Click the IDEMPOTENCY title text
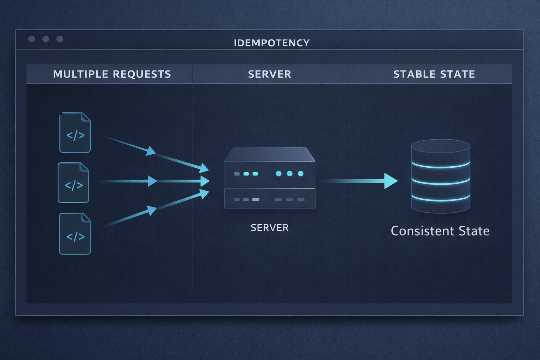pos(271,43)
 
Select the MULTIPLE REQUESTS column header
pos(112,74)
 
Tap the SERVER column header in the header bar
pos(270,74)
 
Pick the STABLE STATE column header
pos(434,74)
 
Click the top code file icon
pos(75,133)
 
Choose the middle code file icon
pos(73,183)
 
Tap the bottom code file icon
pos(75,234)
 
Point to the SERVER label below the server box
pos(270,228)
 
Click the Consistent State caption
pos(440,231)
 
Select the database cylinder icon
pos(441,176)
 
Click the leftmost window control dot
pos(32,39)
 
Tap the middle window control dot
pos(46,39)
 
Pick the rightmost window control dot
pos(60,39)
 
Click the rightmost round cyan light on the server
pos(301,174)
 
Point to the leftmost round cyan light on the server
pos(278,174)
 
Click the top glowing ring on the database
pos(441,166)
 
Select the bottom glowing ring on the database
pos(441,199)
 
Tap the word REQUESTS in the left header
pos(142,74)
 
